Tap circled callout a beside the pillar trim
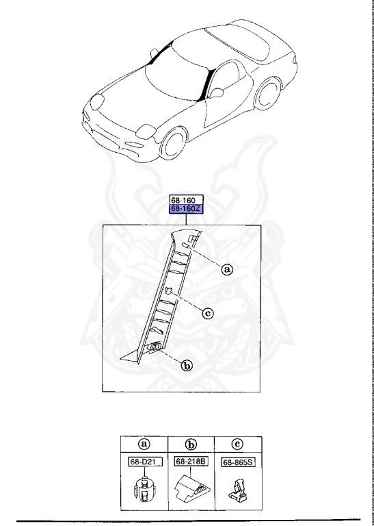(x=228, y=270)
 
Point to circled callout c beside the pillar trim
(x=208, y=314)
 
